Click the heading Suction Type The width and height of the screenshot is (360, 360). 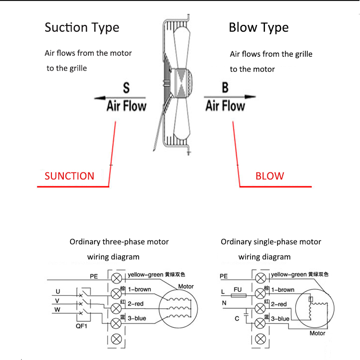(82, 27)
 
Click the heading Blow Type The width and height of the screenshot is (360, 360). (259, 27)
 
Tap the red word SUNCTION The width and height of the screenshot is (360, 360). (70, 176)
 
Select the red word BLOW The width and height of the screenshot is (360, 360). (270, 176)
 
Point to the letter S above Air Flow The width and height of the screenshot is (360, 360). (126, 88)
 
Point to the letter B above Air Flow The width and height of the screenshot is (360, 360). (225, 88)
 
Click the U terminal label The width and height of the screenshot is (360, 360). (58, 291)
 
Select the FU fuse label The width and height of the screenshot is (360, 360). (237, 290)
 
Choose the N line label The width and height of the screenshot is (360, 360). (224, 303)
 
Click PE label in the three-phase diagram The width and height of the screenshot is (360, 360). (94, 276)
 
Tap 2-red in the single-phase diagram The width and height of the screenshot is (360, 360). (279, 304)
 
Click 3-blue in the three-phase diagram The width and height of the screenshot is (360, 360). (137, 318)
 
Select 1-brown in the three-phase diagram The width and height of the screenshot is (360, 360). (139, 289)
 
